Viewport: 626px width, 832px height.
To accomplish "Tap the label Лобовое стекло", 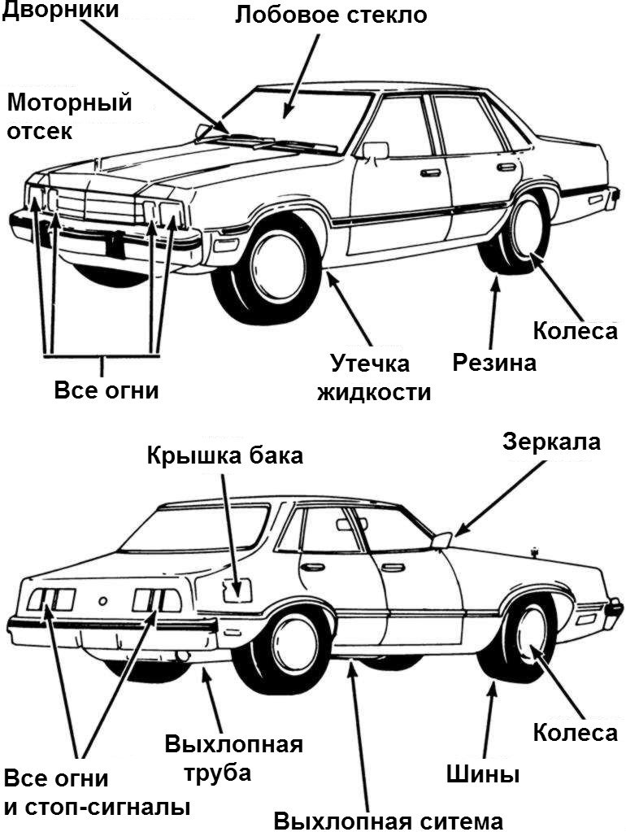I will pos(331,15).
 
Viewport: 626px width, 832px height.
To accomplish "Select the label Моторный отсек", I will pos(68,116).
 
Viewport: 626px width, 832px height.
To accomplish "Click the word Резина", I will pos(494,363).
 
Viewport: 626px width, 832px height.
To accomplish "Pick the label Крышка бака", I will pos(225,455).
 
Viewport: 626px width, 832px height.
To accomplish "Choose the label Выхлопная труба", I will pos(233,758).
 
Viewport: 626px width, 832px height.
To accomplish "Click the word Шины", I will pos(482,773).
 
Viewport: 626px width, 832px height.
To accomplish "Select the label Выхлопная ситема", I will pos(389,819).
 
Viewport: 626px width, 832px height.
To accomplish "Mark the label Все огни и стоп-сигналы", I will pos(97,793).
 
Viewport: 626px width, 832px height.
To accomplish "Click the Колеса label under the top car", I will pos(575,332).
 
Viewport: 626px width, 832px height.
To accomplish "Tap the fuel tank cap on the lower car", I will pos(239,590).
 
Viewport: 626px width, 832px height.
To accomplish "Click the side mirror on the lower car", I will pos(442,538).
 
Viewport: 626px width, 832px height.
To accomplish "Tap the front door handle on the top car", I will pos(430,172).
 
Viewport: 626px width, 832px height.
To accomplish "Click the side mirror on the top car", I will pos(375,150).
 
